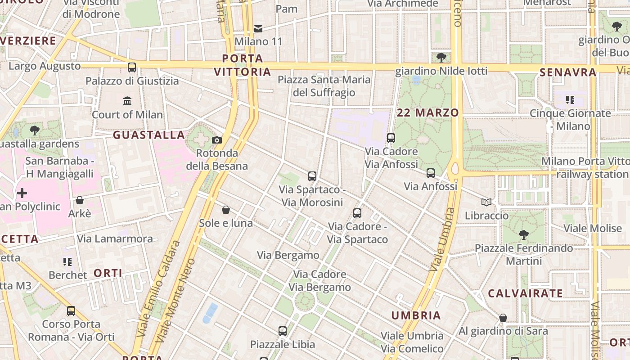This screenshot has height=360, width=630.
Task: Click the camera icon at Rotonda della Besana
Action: point(217,140)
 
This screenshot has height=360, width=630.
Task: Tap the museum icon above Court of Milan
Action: point(127,101)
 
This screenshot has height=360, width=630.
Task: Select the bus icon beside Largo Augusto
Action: point(132,67)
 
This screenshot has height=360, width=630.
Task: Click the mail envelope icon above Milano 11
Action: point(258,29)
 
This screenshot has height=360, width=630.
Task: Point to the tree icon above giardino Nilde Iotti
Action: point(441,58)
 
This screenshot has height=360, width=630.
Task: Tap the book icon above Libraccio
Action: point(486,202)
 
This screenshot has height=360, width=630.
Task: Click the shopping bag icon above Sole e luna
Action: point(226,210)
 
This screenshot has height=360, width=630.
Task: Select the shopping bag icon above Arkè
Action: point(80,200)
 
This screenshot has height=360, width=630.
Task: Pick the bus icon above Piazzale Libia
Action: point(283,331)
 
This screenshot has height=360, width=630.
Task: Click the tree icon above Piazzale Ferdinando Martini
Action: point(523,234)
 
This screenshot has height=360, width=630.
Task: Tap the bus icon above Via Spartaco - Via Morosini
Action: point(312,176)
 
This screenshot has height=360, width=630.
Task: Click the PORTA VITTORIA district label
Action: point(243,65)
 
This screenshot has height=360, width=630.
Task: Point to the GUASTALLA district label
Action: point(149,135)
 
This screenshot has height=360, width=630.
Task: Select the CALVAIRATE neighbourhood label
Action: point(525,294)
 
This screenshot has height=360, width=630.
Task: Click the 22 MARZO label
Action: point(428,112)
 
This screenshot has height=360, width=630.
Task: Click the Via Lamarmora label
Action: point(115,238)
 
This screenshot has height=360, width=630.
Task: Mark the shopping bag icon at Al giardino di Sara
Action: point(503,318)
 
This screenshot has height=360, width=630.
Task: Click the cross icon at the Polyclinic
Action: point(22,193)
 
